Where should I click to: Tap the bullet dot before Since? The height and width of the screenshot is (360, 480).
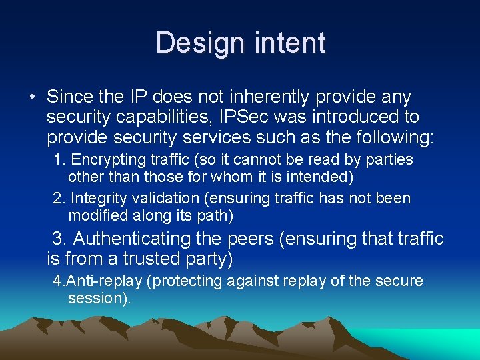point(32,97)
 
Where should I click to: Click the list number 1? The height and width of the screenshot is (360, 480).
point(59,160)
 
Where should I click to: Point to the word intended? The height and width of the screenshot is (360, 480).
point(317,178)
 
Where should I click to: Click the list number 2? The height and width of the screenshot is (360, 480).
point(59,198)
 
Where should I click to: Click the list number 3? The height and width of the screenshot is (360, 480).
point(59,239)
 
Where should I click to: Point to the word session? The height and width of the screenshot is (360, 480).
point(97,299)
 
